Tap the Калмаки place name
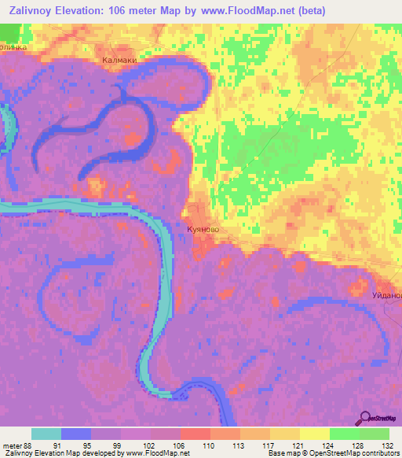(x=119, y=60)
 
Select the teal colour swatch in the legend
(x=46, y=434)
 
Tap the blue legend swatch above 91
(x=76, y=434)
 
